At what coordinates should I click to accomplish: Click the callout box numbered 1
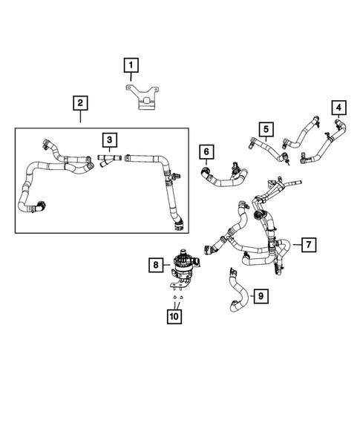coord(131,68)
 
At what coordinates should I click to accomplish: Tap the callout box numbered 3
coord(109,139)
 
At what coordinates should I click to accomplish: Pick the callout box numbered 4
coord(338,109)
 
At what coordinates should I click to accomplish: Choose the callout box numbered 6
coord(207,153)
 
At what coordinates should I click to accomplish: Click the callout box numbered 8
coord(155,263)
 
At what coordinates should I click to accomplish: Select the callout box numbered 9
coord(259,297)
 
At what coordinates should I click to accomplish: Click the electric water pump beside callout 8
coord(182,263)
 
